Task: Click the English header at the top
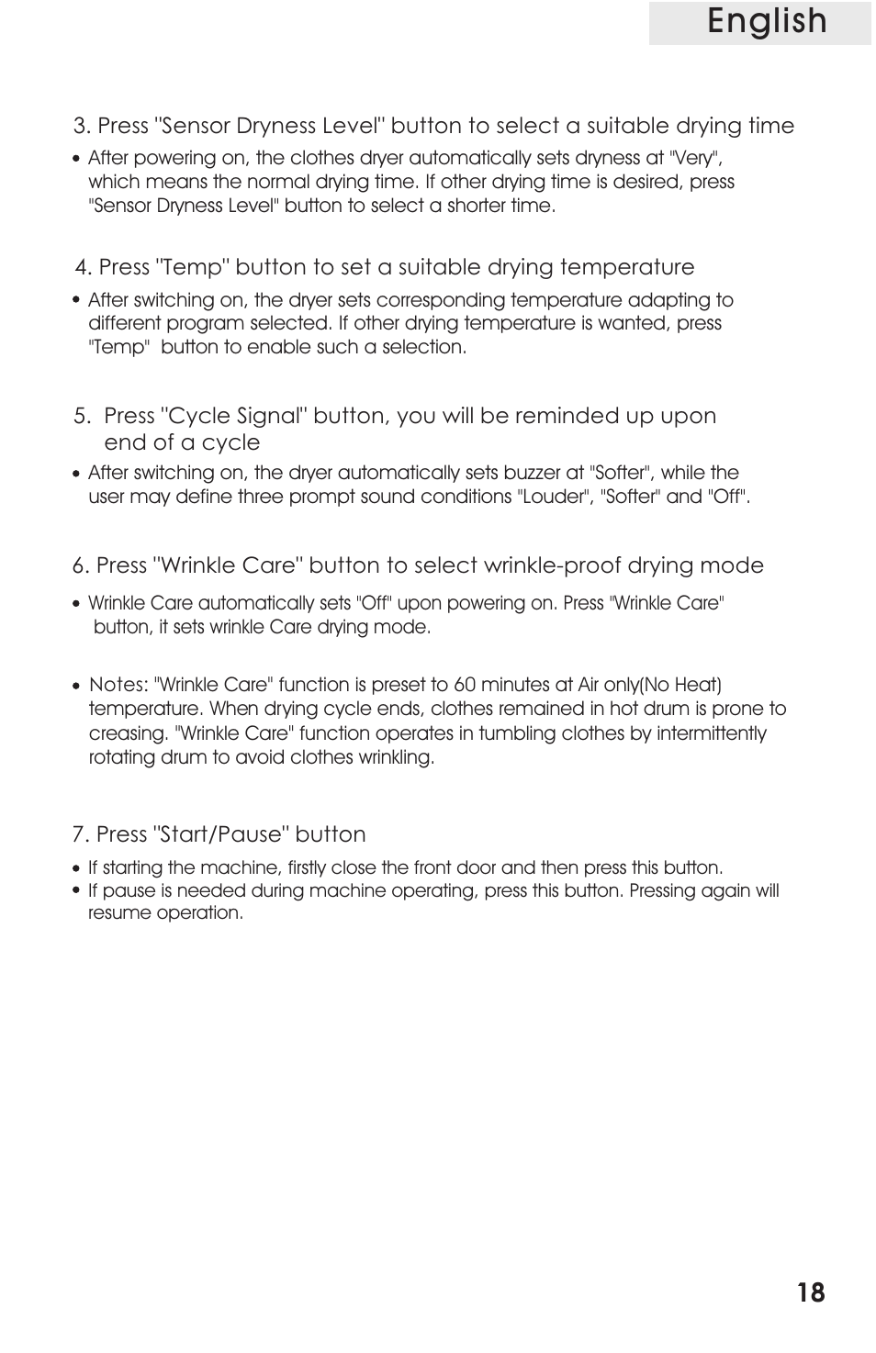(x=767, y=22)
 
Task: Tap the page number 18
(x=811, y=1293)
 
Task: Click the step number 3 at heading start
(x=81, y=126)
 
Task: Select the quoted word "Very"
(x=695, y=158)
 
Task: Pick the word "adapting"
(x=668, y=300)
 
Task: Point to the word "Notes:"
(x=118, y=685)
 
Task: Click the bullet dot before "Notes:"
(x=77, y=686)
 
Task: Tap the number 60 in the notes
(x=465, y=685)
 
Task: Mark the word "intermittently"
(x=711, y=733)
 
